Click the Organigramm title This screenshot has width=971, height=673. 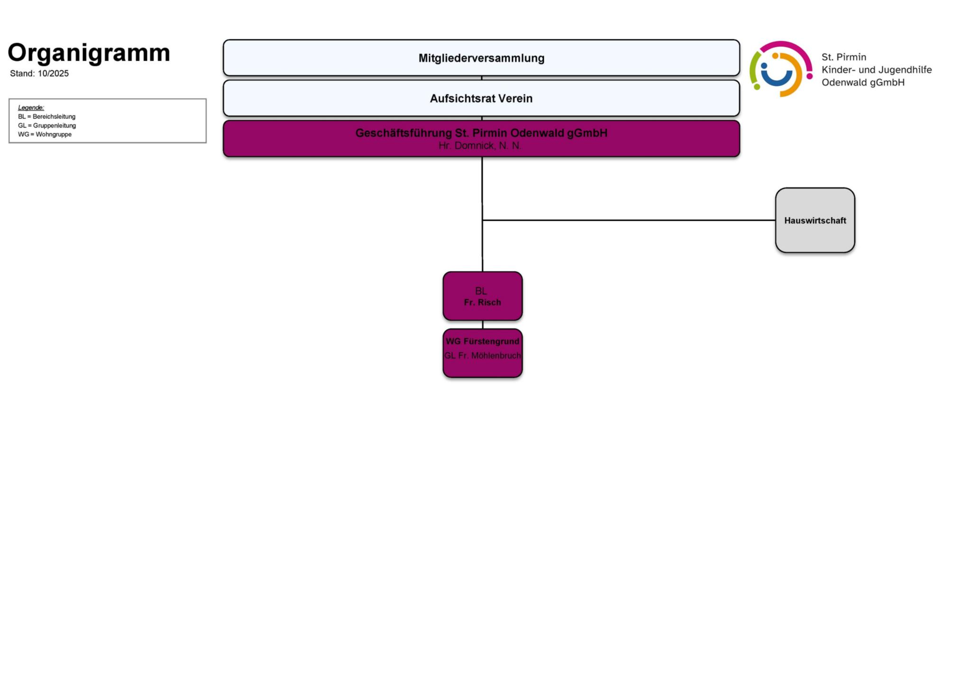(x=89, y=53)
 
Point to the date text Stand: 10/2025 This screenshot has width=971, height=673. (x=39, y=73)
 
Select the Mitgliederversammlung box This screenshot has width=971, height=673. (x=481, y=58)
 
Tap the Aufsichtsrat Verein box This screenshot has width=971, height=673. (x=481, y=98)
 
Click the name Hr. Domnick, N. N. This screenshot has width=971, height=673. (x=480, y=146)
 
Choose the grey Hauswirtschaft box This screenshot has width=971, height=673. (x=815, y=220)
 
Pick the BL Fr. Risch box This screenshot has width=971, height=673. (x=482, y=296)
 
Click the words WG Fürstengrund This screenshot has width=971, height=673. (x=482, y=341)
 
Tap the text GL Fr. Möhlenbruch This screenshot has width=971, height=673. (x=482, y=356)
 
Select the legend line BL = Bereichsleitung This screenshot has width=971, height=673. (x=46, y=117)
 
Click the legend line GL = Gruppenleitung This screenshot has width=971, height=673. (x=47, y=126)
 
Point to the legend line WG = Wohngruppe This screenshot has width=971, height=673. (x=45, y=135)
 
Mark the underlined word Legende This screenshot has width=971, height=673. (x=31, y=108)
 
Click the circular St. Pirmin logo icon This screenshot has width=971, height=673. (x=780, y=69)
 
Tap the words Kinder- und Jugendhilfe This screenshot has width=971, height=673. (x=876, y=70)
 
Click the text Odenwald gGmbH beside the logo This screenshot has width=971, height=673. (x=863, y=82)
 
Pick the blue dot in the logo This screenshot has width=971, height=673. (x=764, y=66)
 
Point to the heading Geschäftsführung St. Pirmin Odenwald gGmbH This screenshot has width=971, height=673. (x=481, y=133)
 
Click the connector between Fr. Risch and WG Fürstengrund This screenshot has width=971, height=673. (x=483, y=325)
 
